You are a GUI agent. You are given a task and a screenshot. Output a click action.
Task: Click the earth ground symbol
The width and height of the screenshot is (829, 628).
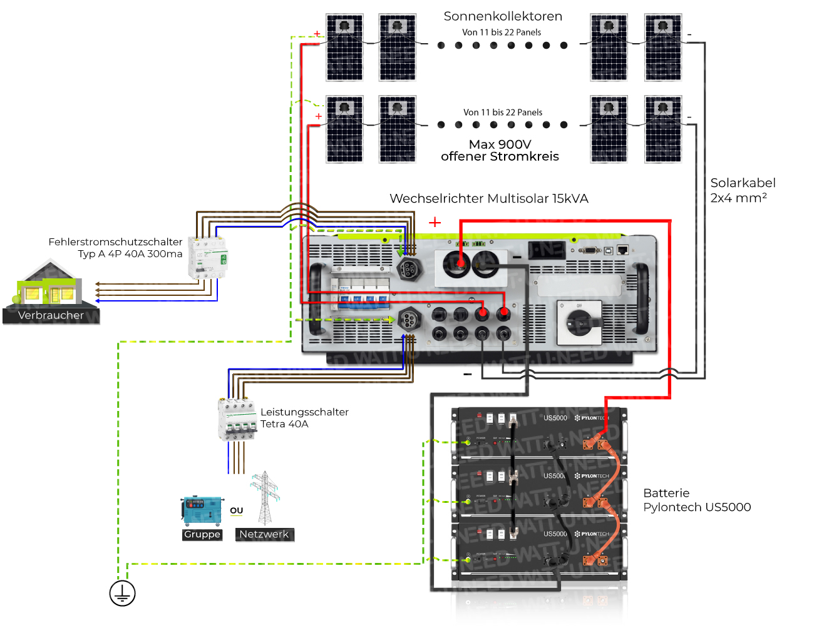coord(122,593)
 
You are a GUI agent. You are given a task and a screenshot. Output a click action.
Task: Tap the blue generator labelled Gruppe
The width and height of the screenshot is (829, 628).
coord(202,511)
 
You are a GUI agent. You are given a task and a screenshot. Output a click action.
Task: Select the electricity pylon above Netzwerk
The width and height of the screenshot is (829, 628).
coord(265,498)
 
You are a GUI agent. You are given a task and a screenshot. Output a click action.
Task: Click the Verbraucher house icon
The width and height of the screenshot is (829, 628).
coord(50,288)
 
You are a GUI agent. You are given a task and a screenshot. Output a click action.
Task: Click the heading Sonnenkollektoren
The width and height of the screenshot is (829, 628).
coord(502,16)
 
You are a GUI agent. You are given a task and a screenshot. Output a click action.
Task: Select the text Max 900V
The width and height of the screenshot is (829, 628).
coord(500,144)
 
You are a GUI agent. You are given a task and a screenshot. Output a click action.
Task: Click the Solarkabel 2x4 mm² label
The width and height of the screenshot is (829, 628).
coord(742,190)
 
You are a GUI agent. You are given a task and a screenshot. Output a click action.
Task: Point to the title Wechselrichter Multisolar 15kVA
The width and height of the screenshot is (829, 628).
coord(488,199)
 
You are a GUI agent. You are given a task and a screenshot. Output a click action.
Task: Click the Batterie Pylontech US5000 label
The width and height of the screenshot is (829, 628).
coord(696,500)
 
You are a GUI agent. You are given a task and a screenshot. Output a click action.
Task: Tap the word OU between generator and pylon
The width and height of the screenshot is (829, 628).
coord(236,510)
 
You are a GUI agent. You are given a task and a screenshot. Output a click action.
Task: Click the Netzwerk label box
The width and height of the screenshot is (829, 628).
coord(264,534)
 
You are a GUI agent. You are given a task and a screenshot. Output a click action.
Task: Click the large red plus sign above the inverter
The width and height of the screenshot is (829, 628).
coord(435,222)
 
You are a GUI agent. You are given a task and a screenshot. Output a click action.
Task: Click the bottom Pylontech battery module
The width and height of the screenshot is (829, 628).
coord(538,550)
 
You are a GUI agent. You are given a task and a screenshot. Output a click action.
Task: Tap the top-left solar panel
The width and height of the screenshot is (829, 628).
coord(344,48)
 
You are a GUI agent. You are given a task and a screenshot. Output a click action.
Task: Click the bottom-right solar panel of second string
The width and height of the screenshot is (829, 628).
coord(663,129)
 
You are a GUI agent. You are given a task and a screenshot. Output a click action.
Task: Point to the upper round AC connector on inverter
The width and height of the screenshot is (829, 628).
coord(409,269)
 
